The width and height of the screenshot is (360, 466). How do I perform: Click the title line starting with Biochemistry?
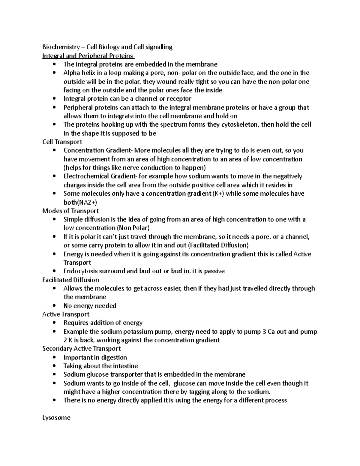coord(107,47)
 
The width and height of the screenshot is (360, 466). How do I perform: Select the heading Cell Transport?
coord(62,142)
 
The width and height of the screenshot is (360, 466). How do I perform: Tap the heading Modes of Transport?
coord(70,211)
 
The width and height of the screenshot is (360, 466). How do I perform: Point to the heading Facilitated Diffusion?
coord(70,280)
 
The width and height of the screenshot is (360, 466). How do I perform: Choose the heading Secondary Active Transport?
coord(82,348)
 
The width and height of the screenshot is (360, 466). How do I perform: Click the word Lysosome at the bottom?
coord(56,417)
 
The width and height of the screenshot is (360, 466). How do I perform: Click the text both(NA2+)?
coord(80,202)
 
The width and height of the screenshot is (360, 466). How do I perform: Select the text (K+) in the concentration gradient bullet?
coord(218,194)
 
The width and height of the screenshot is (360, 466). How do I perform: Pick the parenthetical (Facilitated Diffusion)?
coord(218,245)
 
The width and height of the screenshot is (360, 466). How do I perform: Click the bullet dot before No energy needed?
coord(54,306)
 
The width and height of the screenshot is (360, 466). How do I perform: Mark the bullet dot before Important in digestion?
coord(54,357)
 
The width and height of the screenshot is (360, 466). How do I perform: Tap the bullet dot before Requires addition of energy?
coord(54,323)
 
